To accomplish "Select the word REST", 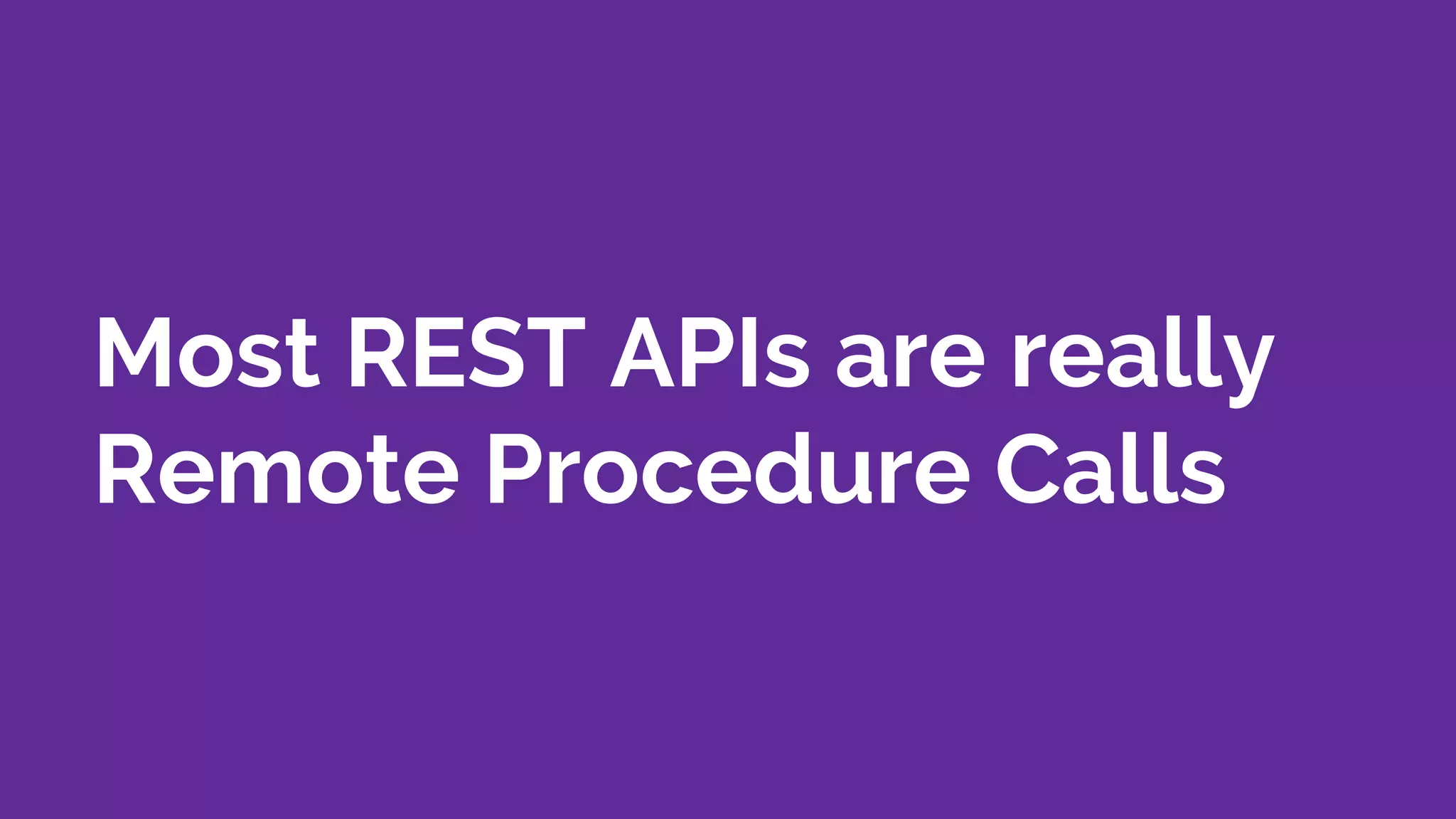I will click(x=466, y=353).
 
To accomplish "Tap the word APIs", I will click(x=710, y=353).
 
